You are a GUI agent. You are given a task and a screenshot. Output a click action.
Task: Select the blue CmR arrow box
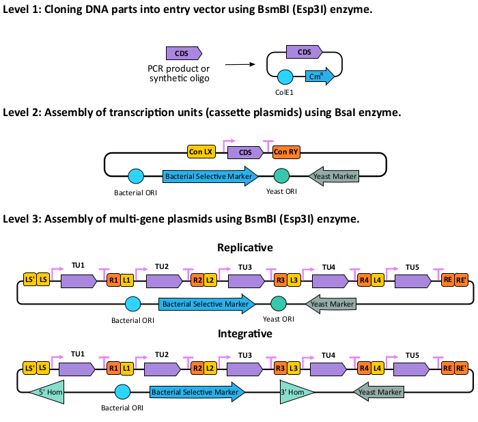318,76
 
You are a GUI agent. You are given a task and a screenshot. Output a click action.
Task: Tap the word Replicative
244,247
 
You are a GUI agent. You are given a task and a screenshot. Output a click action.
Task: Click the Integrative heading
244,334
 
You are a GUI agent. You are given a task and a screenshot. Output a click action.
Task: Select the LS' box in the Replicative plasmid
30,280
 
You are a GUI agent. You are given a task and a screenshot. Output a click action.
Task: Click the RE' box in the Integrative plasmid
462,368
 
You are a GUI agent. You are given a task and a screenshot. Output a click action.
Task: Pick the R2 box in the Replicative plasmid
197,280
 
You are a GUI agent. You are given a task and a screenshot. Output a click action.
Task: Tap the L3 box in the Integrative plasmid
293,368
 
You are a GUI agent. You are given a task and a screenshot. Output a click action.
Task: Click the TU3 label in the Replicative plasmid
245,266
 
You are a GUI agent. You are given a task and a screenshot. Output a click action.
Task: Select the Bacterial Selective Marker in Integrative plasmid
197,392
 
